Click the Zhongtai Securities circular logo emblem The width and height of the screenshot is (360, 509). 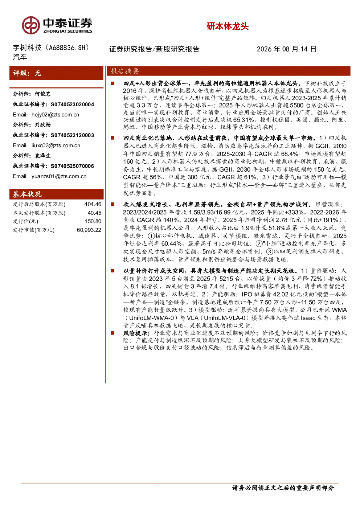pos(31,25)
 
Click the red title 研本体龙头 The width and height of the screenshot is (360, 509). pos(228,26)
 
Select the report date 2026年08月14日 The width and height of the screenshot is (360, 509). pos(287,49)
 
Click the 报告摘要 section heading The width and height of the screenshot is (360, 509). pos(125,71)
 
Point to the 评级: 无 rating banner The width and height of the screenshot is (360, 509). pos(56,73)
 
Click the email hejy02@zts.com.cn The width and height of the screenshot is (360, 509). pos(55,115)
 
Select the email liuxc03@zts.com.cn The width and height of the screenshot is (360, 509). pos(56,145)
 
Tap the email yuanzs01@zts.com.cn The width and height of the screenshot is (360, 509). pos(59,176)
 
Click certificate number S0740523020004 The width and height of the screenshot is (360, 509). pos(72,104)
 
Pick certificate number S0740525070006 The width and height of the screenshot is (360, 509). pos(72,166)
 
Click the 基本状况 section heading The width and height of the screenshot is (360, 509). pos(27,194)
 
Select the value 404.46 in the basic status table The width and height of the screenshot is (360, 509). pos(93,204)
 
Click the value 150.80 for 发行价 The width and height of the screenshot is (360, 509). pos(93,221)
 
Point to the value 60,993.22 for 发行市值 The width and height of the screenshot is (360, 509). pos(89,230)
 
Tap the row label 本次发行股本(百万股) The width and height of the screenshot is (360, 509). pos(39,213)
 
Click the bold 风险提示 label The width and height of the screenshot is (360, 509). pos(136,333)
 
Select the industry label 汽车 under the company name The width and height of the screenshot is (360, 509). pos(20,57)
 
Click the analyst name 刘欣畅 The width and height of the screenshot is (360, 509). pos(43,124)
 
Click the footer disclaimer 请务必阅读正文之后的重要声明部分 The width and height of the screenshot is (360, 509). pos(283,488)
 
